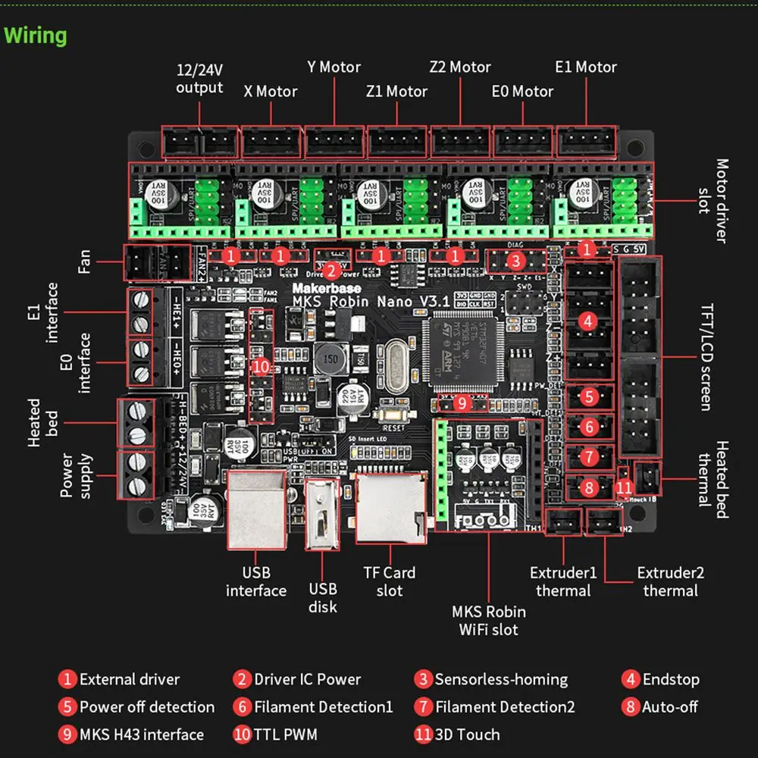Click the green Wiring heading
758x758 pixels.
36,36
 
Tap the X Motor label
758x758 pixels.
270,92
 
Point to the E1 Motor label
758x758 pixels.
586,67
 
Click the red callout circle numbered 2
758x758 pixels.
330,271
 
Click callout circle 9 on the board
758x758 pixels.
462,404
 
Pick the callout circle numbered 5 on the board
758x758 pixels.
588,395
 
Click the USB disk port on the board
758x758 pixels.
322,515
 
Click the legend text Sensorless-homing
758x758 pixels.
501,679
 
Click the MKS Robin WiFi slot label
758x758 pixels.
489,620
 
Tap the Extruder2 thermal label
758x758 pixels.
670,581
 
